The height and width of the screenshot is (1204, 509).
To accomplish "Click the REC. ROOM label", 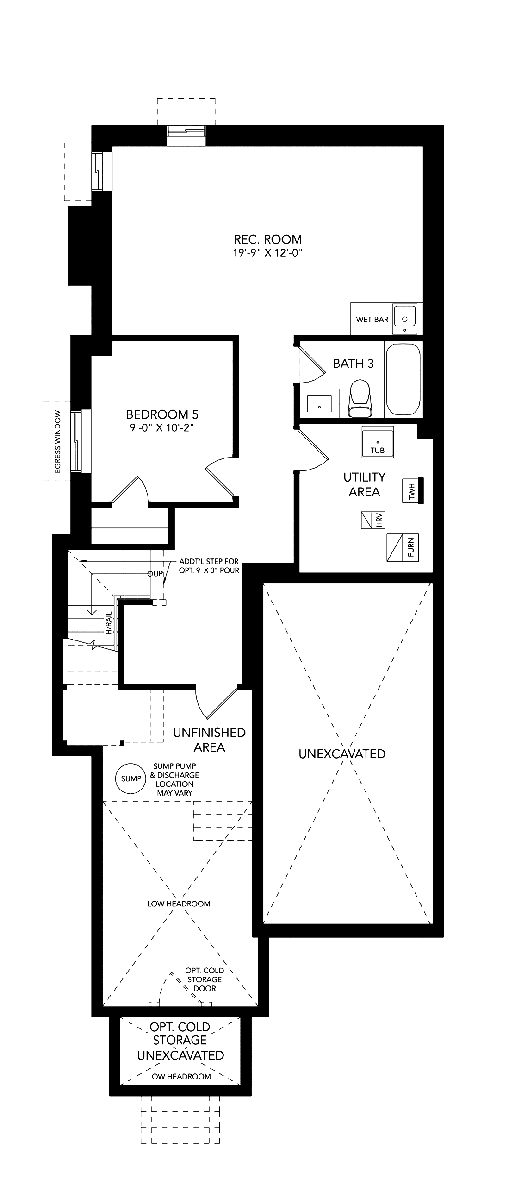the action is click(267, 240).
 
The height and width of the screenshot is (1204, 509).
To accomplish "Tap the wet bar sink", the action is click(405, 319).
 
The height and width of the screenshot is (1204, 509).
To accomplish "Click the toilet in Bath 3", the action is click(360, 399).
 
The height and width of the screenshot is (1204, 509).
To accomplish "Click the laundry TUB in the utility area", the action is click(378, 442).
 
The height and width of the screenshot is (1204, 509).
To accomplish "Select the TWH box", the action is click(413, 490).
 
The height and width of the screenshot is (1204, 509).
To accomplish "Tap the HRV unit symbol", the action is click(373, 520).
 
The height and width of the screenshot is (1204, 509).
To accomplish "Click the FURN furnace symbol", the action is click(403, 547).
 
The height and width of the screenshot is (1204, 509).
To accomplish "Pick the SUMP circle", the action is click(131, 778).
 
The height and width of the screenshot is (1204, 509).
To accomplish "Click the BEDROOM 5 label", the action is click(162, 414).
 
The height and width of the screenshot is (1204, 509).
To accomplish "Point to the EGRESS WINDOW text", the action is click(58, 442).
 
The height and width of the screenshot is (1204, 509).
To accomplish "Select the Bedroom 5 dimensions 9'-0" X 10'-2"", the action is click(162, 428).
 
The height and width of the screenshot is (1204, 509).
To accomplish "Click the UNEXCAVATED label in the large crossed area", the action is click(342, 754).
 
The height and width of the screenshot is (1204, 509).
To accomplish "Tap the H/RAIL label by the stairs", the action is click(109, 623).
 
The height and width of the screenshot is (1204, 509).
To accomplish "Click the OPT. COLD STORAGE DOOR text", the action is click(205, 979).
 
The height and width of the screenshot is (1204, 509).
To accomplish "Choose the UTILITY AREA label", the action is click(364, 484).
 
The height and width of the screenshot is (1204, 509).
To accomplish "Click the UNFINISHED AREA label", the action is click(209, 740).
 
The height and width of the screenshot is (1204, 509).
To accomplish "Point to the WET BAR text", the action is click(372, 320).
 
